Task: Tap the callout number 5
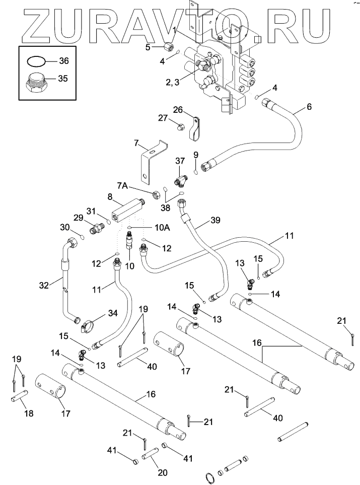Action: tap(148, 47)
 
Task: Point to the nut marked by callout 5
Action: tap(167, 48)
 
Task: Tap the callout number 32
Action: tap(44, 285)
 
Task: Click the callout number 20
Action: tap(162, 472)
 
